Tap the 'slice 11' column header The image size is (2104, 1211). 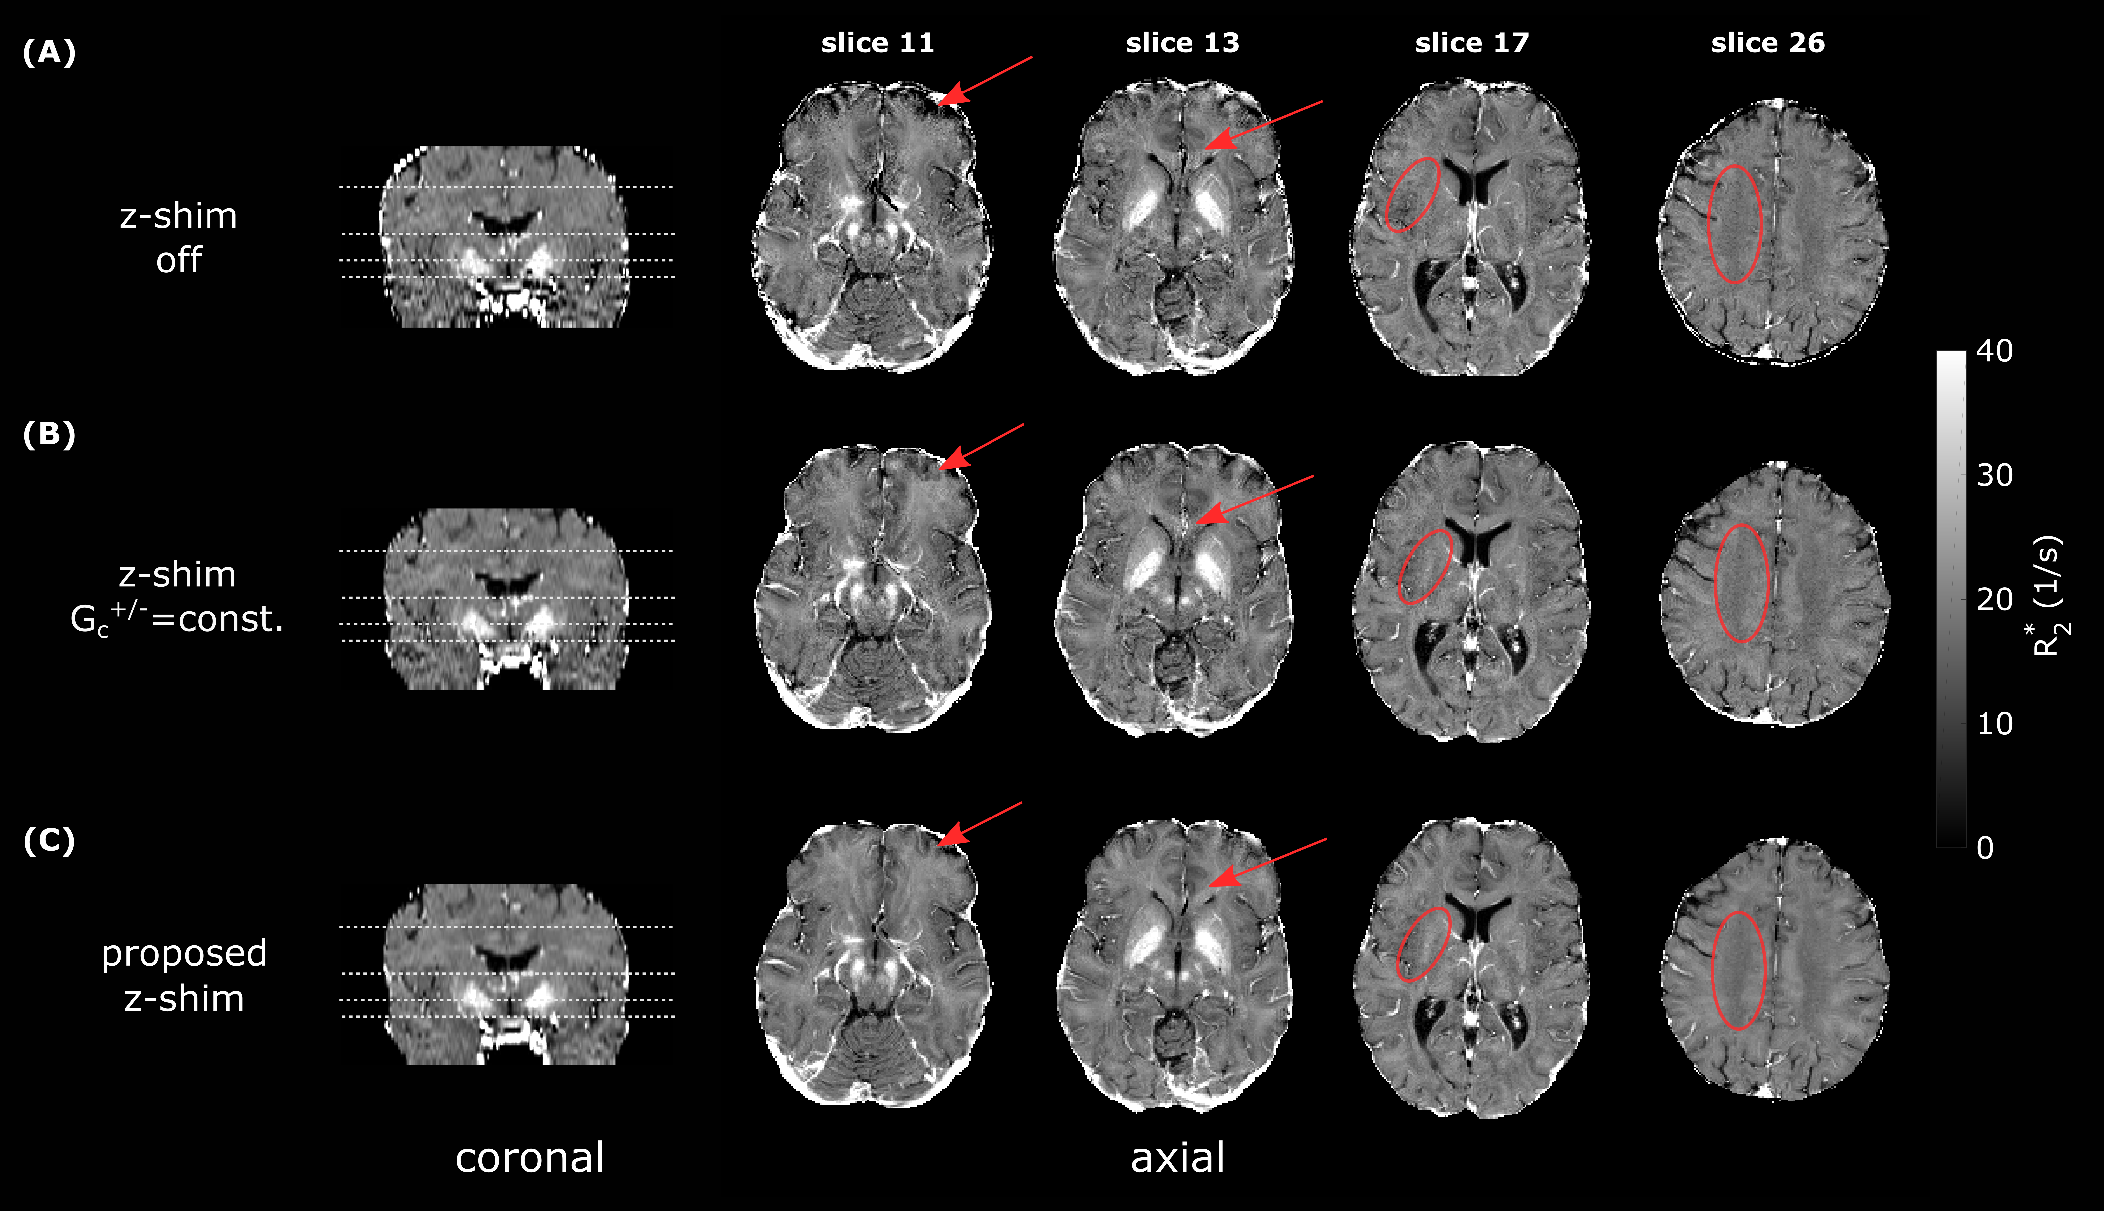pos(877,43)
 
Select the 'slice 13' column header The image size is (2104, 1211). pos(1182,43)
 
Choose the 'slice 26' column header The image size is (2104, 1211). pos(1767,43)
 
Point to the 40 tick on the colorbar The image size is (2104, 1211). pos(1994,351)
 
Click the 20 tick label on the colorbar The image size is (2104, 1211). pos(1994,599)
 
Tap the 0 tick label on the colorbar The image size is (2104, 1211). pos(1985,848)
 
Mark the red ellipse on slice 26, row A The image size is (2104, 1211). pos(1735,224)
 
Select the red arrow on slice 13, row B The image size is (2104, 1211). pos(1256,499)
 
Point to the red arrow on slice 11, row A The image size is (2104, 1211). pos(986,81)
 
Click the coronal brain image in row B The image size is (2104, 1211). pos(506,599)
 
